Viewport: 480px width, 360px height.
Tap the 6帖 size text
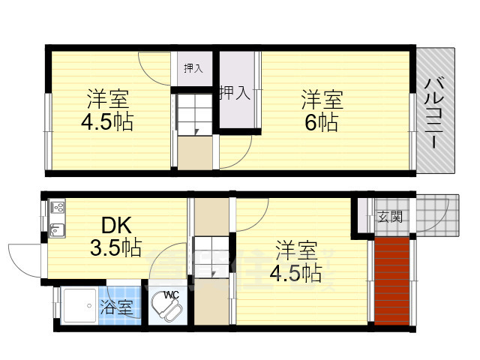(322, 121)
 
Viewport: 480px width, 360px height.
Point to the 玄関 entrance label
(389, 217)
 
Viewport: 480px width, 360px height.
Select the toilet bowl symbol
(164, 309)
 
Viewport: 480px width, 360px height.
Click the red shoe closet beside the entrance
(392, 281)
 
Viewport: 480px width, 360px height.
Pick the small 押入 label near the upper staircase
(193, 68)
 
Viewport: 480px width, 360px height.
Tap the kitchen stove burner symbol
(58, 207)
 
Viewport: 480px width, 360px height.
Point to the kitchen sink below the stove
(57, 228)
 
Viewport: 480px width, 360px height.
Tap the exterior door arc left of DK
(27, 259)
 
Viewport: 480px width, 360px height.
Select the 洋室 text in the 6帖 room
(322, 99)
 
